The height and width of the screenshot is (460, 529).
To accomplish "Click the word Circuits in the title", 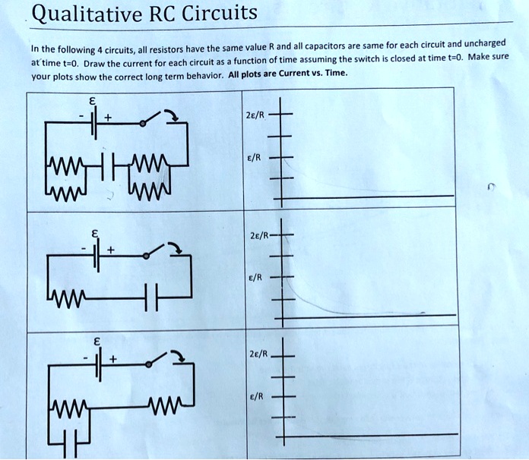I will click(217, 13).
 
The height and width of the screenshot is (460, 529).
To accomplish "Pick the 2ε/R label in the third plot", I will click(257, 354).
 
